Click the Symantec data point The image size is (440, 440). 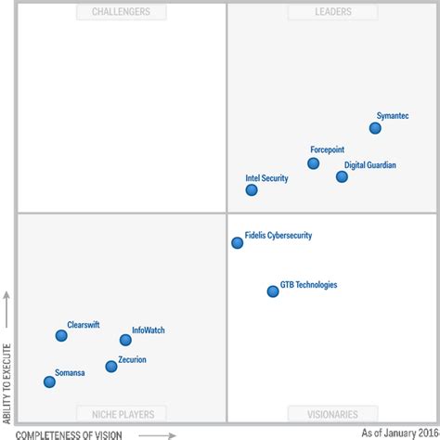(375, 128)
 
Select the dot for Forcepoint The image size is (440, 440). (313, 163)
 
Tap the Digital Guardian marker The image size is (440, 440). (342, 176)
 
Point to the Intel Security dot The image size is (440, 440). (252, 189)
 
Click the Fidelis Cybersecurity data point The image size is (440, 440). (238, 242)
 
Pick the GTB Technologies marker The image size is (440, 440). (273, 291)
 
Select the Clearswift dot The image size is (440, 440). (61, 336)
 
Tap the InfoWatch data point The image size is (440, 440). (125, 340)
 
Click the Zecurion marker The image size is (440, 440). (111, 366)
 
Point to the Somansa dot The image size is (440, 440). (49, 382)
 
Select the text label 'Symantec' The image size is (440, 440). (392, 116)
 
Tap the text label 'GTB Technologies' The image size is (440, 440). (308, 285)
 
